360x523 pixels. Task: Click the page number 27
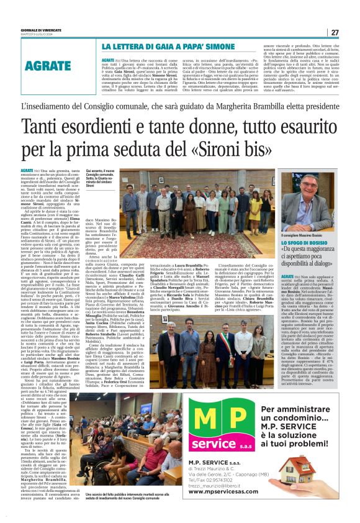coord(335,32)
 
